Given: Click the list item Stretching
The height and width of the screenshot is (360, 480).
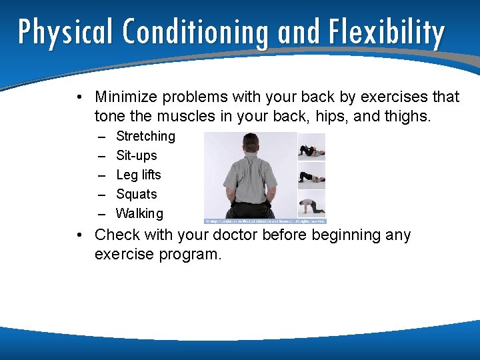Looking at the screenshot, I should point(145,137).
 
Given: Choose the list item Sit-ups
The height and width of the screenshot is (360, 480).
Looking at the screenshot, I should point(137,156).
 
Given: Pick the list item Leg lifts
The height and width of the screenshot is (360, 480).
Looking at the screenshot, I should point(139,175).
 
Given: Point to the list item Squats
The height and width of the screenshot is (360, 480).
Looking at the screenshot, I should point(137,195).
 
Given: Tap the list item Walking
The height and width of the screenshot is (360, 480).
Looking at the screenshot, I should point(139,214).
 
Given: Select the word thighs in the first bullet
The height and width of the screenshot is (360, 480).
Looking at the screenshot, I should point(408,117).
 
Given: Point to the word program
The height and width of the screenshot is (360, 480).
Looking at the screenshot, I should point(191,255).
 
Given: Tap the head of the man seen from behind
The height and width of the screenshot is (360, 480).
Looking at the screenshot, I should point(251,144).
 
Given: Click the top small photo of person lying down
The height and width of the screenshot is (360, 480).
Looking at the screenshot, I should point(311,147).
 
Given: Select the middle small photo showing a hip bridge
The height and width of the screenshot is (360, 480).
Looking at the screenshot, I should point(311,175).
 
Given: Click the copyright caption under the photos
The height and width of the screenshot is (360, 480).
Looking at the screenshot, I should point(265,221).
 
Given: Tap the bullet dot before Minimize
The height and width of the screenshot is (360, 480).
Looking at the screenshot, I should point(79,98).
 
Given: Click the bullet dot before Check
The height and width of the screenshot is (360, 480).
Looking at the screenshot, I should point(79,236).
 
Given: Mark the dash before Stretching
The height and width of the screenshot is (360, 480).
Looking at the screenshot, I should point(101,137).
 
